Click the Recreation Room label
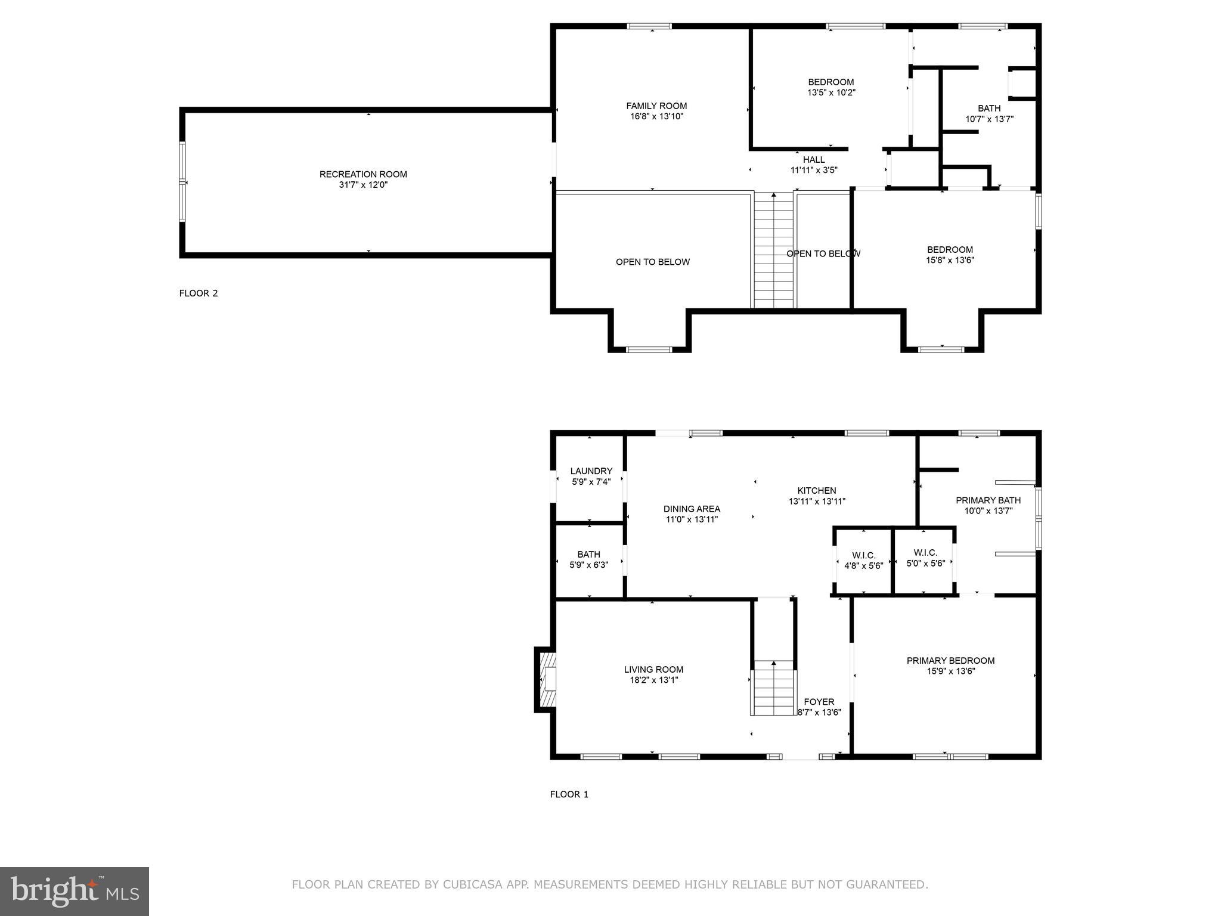[x=363, y=174]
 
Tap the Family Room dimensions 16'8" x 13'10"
[x=656, y=116]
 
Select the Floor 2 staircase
[x=774, y=250]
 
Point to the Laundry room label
[x=591, y=471]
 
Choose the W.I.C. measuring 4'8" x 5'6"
[x=863, y=561]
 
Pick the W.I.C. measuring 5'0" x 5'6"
[x=925, y=558]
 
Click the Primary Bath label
[x=988, y=500]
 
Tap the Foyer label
[x=819, y=702]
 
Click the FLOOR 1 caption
[x=569, y=794]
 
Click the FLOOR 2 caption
[x=199, y=293]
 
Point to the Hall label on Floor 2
[x=814, y=159]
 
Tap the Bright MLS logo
[x=75, y=891]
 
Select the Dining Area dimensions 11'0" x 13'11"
[x=692, y=519]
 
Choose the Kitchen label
[x=817, y=490]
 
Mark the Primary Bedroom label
[x=950, y=660]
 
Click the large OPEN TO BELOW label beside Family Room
[x=653, y=262]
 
